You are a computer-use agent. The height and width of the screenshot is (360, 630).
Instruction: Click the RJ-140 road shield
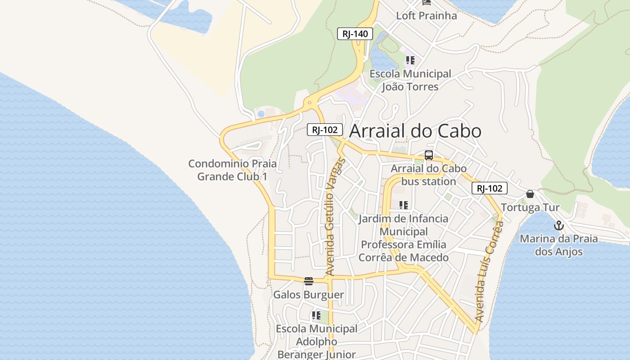click(x=355, y=34)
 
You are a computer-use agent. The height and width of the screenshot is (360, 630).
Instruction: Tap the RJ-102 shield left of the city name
click(x=325, y=130)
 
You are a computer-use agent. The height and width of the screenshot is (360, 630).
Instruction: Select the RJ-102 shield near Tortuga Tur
click(x=489, y=188)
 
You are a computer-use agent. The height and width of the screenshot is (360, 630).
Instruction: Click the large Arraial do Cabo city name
click(x=415, y=131)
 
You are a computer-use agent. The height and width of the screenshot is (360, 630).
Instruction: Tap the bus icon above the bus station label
click(x=429, y=155)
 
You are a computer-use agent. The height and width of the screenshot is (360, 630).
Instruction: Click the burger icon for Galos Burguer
click(x=309, y=281)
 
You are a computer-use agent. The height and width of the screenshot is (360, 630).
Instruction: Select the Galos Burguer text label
click(x=309, y=295)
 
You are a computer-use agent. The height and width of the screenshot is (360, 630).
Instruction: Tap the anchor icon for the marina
click(x=559, y=225)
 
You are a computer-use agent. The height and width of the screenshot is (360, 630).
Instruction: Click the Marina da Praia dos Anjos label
click(x=559, y=245)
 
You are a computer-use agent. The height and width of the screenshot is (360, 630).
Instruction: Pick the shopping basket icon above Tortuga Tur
click(x=530, y=194)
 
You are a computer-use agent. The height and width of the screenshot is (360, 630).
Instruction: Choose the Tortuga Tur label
click(x=530, y=207)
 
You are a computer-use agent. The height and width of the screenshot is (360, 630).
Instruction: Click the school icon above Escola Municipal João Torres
click(x=410, y=60)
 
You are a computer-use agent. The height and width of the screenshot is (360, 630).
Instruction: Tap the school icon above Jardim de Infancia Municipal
click(x=404, y=205)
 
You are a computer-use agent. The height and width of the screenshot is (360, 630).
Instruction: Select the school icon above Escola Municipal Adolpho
click(x=316, y=315)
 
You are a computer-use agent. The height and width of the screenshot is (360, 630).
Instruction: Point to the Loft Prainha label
click(x=426, y=16)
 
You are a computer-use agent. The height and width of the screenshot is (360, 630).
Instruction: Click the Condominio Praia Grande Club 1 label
click(x=232, y=170)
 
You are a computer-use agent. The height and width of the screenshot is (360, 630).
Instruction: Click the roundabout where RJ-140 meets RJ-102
click(x=310, y=103)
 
